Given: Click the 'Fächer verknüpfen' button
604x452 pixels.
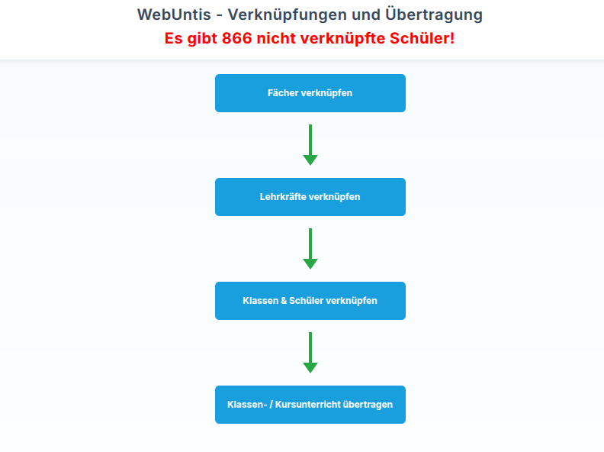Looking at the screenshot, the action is [x=310, y=93].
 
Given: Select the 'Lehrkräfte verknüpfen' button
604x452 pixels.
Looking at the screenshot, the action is [x=310, y=197].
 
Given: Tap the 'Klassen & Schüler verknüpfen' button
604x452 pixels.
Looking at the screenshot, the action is [x=310, y=300].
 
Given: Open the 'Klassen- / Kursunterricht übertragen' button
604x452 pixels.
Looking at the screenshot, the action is [x=310, y=405].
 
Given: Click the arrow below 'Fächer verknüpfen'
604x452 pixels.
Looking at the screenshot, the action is [x=310, y=144].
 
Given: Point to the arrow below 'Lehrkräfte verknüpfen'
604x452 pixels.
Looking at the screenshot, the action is [x=310, y=248].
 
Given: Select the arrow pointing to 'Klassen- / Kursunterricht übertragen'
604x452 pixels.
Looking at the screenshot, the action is [x=310, y=353].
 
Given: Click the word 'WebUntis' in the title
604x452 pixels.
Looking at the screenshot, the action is [x=174, y=15].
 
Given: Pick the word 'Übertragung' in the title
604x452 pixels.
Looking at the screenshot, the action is [x=434, y=15].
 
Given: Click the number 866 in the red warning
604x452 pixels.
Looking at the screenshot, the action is [x=237, y=38].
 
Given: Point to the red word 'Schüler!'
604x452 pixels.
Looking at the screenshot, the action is [x=422, y=38].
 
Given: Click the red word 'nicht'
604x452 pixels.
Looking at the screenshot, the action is [x=276, y=38].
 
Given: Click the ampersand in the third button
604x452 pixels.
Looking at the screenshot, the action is [x=284, y=300].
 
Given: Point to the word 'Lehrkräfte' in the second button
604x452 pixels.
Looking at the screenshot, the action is [x=283, y=197].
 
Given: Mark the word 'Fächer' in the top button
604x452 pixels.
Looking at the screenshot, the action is [x=283, y=92].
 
